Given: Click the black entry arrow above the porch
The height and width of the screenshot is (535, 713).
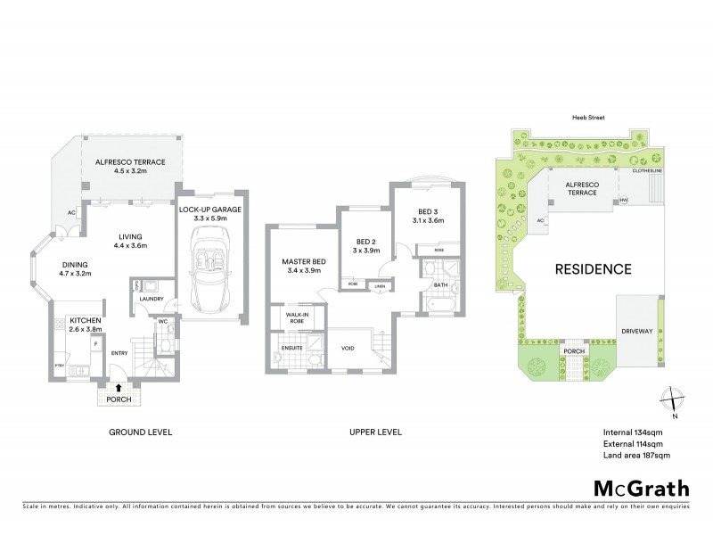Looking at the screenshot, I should [119, 386].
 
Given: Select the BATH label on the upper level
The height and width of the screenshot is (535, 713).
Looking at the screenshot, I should [439, 285].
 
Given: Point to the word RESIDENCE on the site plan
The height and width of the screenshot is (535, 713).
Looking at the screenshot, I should [594, 268].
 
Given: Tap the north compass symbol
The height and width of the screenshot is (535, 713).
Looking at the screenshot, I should [672, 401].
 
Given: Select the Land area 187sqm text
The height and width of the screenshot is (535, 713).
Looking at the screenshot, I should [635, 455].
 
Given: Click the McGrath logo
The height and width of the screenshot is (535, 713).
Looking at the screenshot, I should [640, 489].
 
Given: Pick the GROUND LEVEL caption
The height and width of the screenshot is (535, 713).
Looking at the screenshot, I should [141, 432].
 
